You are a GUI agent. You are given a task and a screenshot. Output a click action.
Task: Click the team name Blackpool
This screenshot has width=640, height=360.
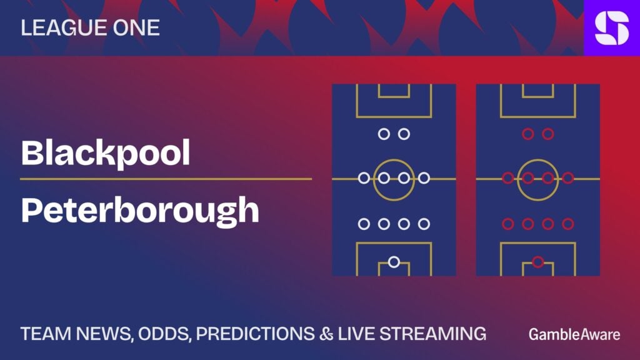(105, 153)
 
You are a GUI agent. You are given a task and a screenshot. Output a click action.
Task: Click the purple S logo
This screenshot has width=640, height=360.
(611, 27)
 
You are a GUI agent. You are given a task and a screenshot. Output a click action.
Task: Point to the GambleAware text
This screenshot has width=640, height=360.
(574, 334)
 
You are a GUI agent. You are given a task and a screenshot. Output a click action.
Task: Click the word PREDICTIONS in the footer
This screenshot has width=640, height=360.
(255, 334)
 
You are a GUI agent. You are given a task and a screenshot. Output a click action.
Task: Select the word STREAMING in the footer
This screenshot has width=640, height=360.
(432, 334)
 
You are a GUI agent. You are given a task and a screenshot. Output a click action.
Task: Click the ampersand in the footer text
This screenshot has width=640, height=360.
(326, 334)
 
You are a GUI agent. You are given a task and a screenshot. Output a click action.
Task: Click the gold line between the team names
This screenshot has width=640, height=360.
(166, 179)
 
